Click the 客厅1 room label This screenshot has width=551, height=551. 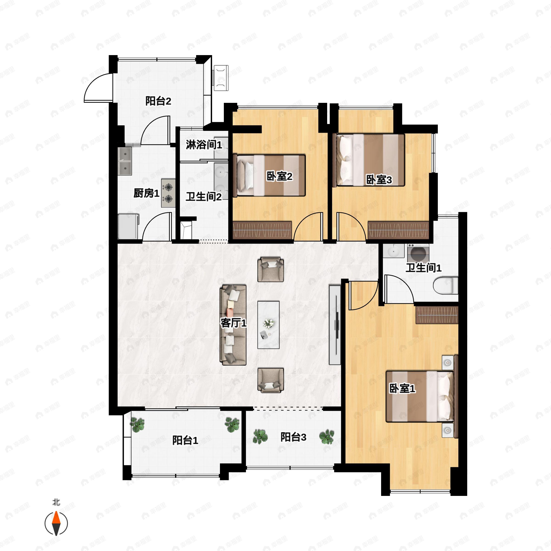[x=233, y=323]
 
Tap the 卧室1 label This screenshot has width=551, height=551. [x=402, y=388]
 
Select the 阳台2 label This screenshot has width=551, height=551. [x=158, y=101]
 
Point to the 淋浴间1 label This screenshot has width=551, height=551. [x=204, y=145]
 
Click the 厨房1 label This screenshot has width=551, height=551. [x=146, y=193]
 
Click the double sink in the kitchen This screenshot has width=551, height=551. [x=125, y=161]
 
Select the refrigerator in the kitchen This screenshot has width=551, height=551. [x=128, y=226]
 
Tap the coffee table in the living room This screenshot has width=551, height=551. [x=268, y=325]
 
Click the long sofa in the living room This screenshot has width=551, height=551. [x=233, y=325]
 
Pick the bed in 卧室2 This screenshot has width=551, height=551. [x=269, y=175]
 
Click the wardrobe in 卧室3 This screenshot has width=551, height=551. [x=398, y=230]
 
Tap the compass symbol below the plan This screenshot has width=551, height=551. [x=56, y=523]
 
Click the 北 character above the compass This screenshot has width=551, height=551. [x=56, y=502]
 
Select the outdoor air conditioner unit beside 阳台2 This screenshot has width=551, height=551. [x=221, y=78]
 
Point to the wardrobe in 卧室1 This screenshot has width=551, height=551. [x=437, y=315]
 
